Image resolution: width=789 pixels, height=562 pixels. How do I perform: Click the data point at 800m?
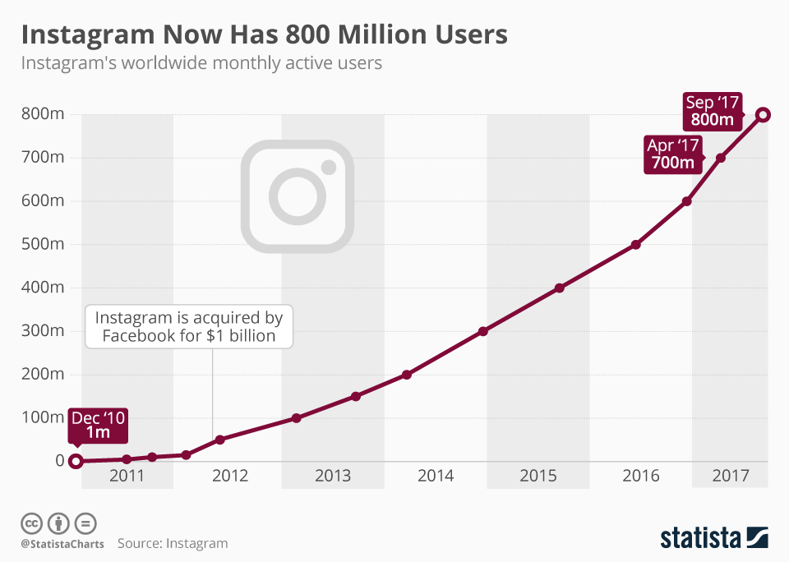tap(764, 114)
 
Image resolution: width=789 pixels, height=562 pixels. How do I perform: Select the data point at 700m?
tap(721, 158)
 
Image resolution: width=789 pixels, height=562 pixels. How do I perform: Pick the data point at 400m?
tap(560, 288)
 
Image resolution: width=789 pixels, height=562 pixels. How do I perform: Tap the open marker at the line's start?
tap(76, 461)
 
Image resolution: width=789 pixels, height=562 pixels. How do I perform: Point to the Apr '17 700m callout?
tap(672, 154)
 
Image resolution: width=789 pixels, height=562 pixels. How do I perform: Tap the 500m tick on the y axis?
tap(44, 244)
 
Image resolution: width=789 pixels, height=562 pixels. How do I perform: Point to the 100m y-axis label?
tap(44, 417)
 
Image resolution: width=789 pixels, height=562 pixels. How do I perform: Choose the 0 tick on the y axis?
tap(59, 460)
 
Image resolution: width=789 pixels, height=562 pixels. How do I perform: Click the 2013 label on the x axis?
tap(332, 476)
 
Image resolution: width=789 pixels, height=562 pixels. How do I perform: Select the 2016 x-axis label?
tap(641, 476)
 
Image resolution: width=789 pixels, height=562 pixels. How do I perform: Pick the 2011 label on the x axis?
tap(127, 476)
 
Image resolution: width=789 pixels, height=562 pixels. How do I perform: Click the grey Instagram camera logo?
tap(298, 196)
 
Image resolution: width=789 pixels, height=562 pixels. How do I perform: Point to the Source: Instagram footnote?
tap(173, 543)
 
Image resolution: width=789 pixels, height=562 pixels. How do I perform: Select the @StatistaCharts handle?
tap(62, 543)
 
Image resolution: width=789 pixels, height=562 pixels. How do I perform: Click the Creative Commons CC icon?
tap(31, 523)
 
